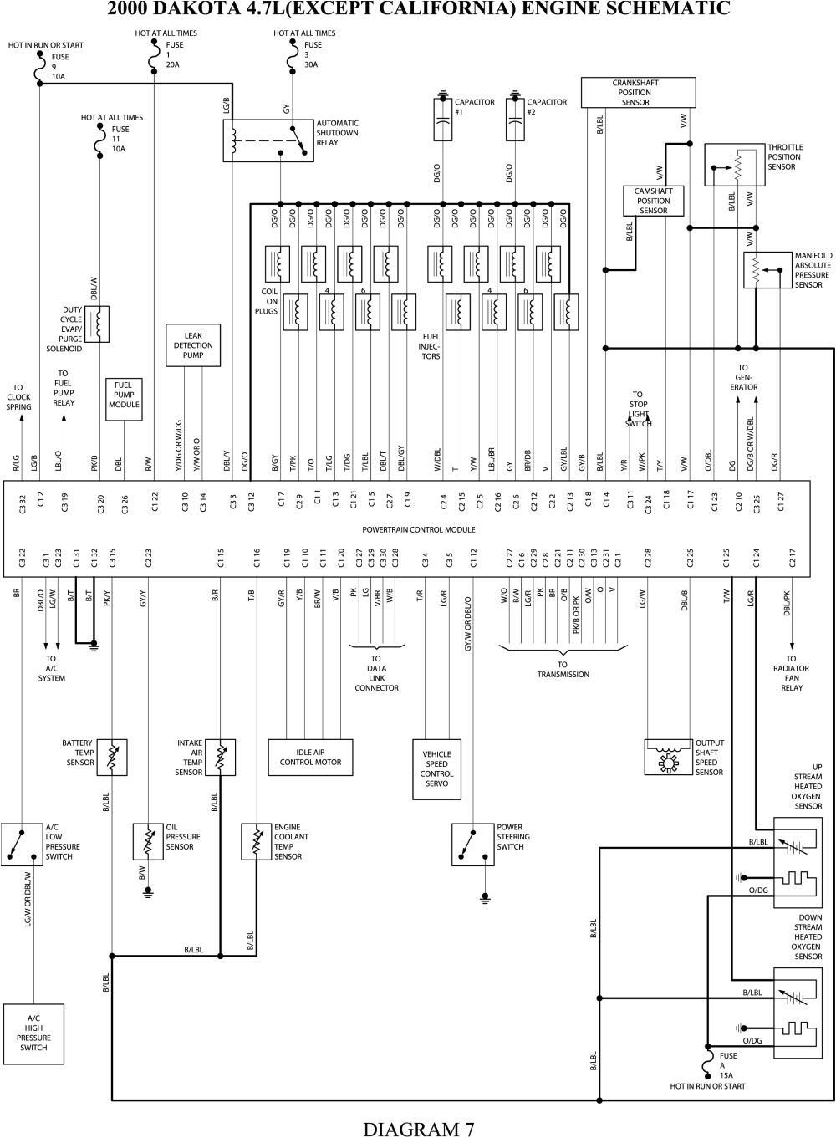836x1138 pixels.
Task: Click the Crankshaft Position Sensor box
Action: (636, 93)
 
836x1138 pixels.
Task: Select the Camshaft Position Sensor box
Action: (653, 201)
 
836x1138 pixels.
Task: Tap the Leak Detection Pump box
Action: (193, 345)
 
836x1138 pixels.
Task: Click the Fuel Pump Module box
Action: (124, 400)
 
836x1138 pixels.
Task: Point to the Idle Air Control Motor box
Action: (310, 757)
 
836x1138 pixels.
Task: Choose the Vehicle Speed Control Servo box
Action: (436, 769)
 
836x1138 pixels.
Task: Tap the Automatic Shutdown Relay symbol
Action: (268, 140)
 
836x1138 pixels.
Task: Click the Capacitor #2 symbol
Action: (516, 119)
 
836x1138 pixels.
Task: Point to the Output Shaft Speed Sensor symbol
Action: (669, 757)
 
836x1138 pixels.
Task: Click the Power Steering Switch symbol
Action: (472, 845)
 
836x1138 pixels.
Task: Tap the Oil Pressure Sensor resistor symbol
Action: (149, 841)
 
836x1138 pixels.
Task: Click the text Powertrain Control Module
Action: (418, 529)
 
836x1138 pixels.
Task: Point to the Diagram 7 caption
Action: (418, 1128)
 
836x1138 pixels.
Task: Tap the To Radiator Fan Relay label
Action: (791, 678)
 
